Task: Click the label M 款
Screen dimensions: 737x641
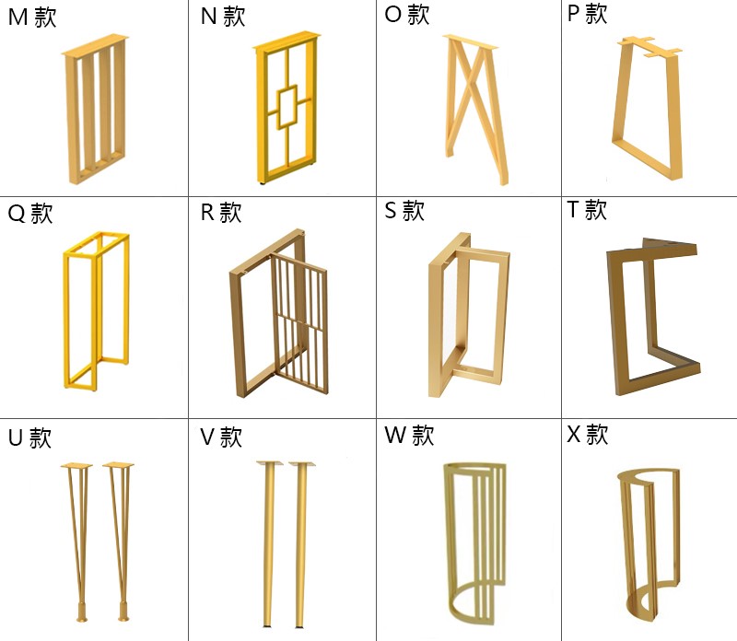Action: (x=32, y=17)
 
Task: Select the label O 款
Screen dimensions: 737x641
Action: (x=407, y=16)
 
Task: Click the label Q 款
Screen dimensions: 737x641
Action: (x=30, y=214)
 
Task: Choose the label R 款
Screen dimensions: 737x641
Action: (x=221, y=214)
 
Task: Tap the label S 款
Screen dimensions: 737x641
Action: (x=404, y=211)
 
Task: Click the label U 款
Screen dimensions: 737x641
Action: (x=29, y=437)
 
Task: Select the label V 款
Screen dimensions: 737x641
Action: (x=221, y=437)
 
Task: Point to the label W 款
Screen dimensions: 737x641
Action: (x=409, y=435)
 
